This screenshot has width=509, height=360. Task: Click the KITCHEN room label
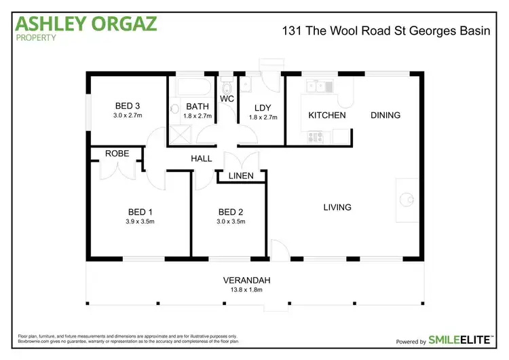tap(327, 115)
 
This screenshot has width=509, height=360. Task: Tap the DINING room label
tap(385, 115)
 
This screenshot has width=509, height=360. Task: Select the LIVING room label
tap(337, 206)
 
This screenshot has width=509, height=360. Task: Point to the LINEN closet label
tap(241, 177)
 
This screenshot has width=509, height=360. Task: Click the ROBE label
tap(117, 154)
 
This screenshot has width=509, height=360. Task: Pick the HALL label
tap(202, 159)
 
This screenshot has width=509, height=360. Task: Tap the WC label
tap(227, 99)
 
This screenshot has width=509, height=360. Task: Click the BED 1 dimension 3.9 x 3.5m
tap(140, 221)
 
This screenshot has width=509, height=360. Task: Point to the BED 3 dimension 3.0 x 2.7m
tap(127, 115)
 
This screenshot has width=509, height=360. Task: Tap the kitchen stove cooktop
tap(316, 137)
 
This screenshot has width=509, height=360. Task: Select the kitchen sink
tap(317, 85)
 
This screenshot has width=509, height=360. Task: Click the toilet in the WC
tap(227, 87)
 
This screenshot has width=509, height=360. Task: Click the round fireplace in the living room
tap(406, 199)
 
